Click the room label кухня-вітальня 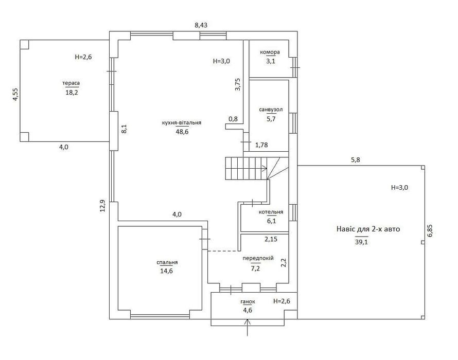click(x=181, y=122)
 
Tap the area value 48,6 click(x=182, y=132)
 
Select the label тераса click(x=71, y=83)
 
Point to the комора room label click(x=270, y=52)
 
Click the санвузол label click(x=271, y=110)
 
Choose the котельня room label click(x=271, y=212)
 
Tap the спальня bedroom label click(x=167, y=262)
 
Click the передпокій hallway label click(x=258, y=258)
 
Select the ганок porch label click(x=248, y=301)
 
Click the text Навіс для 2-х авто click(x=368, y=229)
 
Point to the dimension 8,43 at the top click(x=201, y=25)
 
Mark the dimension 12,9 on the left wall click(x=102, y=206)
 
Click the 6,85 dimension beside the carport click(x=430, y=230)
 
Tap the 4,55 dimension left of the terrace click(x=15, y=95)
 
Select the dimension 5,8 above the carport click(x=355, y=160)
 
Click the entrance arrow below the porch click(x=248, y=327)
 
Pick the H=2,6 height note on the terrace click(x=83, y=57)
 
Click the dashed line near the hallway click(x=223, y=251)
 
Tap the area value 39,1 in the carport click(x=361, y=242)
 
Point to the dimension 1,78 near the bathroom click(x=261, y=145)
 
